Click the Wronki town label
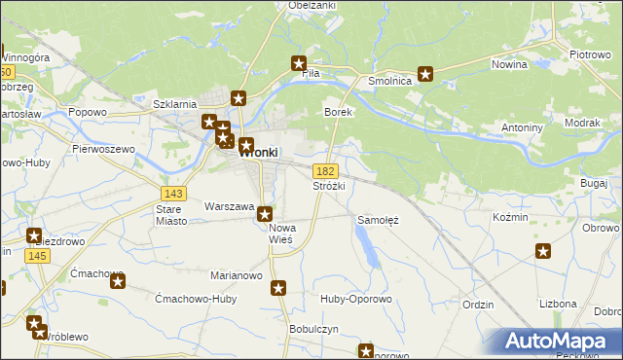click(259, 152)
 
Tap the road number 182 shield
click(326, 170)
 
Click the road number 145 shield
click(38, 255)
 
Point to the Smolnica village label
click(390, 82)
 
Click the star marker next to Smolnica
click(425, 73)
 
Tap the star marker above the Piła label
click(300, 64)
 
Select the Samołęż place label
click(379, 220)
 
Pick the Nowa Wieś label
click(281, 234)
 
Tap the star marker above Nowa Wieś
click(264, 214)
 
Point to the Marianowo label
click(238, 275)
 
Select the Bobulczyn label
click(313, 329)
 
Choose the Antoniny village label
click(522, 127)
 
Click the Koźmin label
click(510, 217)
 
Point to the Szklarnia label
click(176, 103)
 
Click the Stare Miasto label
click(171, 215)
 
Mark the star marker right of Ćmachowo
click(118, 282)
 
